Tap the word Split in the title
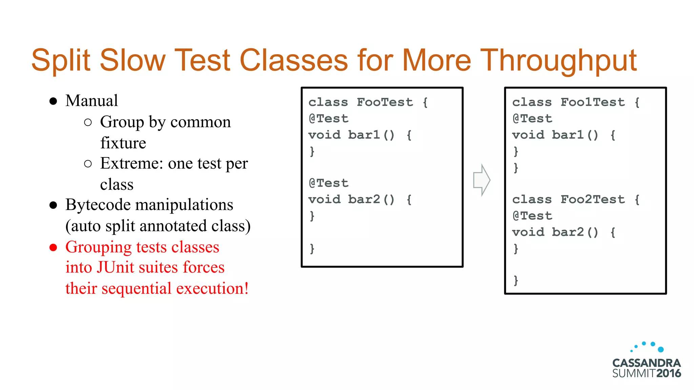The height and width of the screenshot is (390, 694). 61,61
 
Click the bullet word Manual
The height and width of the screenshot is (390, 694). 91,101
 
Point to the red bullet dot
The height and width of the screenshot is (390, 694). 53,247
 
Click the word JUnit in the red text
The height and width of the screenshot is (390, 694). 115,267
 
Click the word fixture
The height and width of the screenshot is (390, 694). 123,143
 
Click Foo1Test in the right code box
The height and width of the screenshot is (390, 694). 592,102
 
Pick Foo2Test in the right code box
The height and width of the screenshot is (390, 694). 592,199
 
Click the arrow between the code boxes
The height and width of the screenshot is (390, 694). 482,180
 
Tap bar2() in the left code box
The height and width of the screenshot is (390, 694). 371,199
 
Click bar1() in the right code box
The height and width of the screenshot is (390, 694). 575,135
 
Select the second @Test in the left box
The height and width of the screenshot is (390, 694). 328,183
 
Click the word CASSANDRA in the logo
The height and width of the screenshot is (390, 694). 646,363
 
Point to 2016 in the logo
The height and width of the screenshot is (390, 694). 668,373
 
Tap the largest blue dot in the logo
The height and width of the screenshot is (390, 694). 660,349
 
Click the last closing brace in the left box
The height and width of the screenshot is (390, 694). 312,249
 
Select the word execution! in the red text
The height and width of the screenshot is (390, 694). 212,288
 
